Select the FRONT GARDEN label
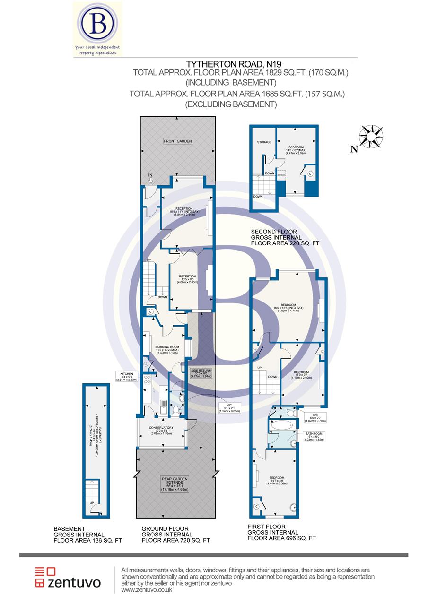(177, 141)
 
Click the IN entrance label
(151, 175)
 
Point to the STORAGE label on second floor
(264, 142)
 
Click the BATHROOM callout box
(314, 437)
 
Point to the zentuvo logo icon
(45, 578)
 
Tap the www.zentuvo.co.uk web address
(147, 590)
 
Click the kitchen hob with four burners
(147, 379)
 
